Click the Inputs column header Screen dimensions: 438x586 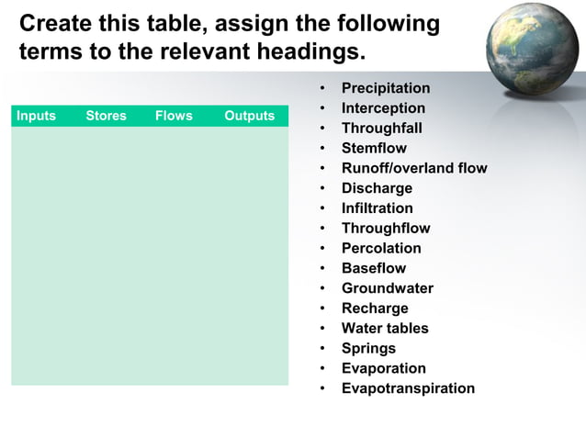[x=36, y=116]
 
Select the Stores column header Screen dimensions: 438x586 [x=106, y=116]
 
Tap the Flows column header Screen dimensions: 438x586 [x=174, y=116]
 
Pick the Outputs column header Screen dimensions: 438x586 [x=249, y=116]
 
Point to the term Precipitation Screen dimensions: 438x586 [x=385, y=88]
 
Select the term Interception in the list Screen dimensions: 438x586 [x=383, y=108]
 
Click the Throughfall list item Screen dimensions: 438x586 [x=381, y=129]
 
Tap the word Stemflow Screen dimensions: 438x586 [x=374, y=149]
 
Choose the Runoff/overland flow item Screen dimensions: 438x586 [x=414, y=168]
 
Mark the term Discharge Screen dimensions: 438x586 [x=377, y=188]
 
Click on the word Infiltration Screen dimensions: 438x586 [x=377, y=208]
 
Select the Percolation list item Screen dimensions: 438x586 [x=381, y=248]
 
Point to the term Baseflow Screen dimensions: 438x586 [x=373, y=268]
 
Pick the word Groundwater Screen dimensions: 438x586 [x=387, y=288]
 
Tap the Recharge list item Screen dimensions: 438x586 [x=375, y=309]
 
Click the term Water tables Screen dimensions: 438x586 [x=385, y=328]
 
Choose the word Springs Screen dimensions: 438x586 [x=368, y=348]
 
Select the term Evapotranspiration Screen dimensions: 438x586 [x=408, y=388]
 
